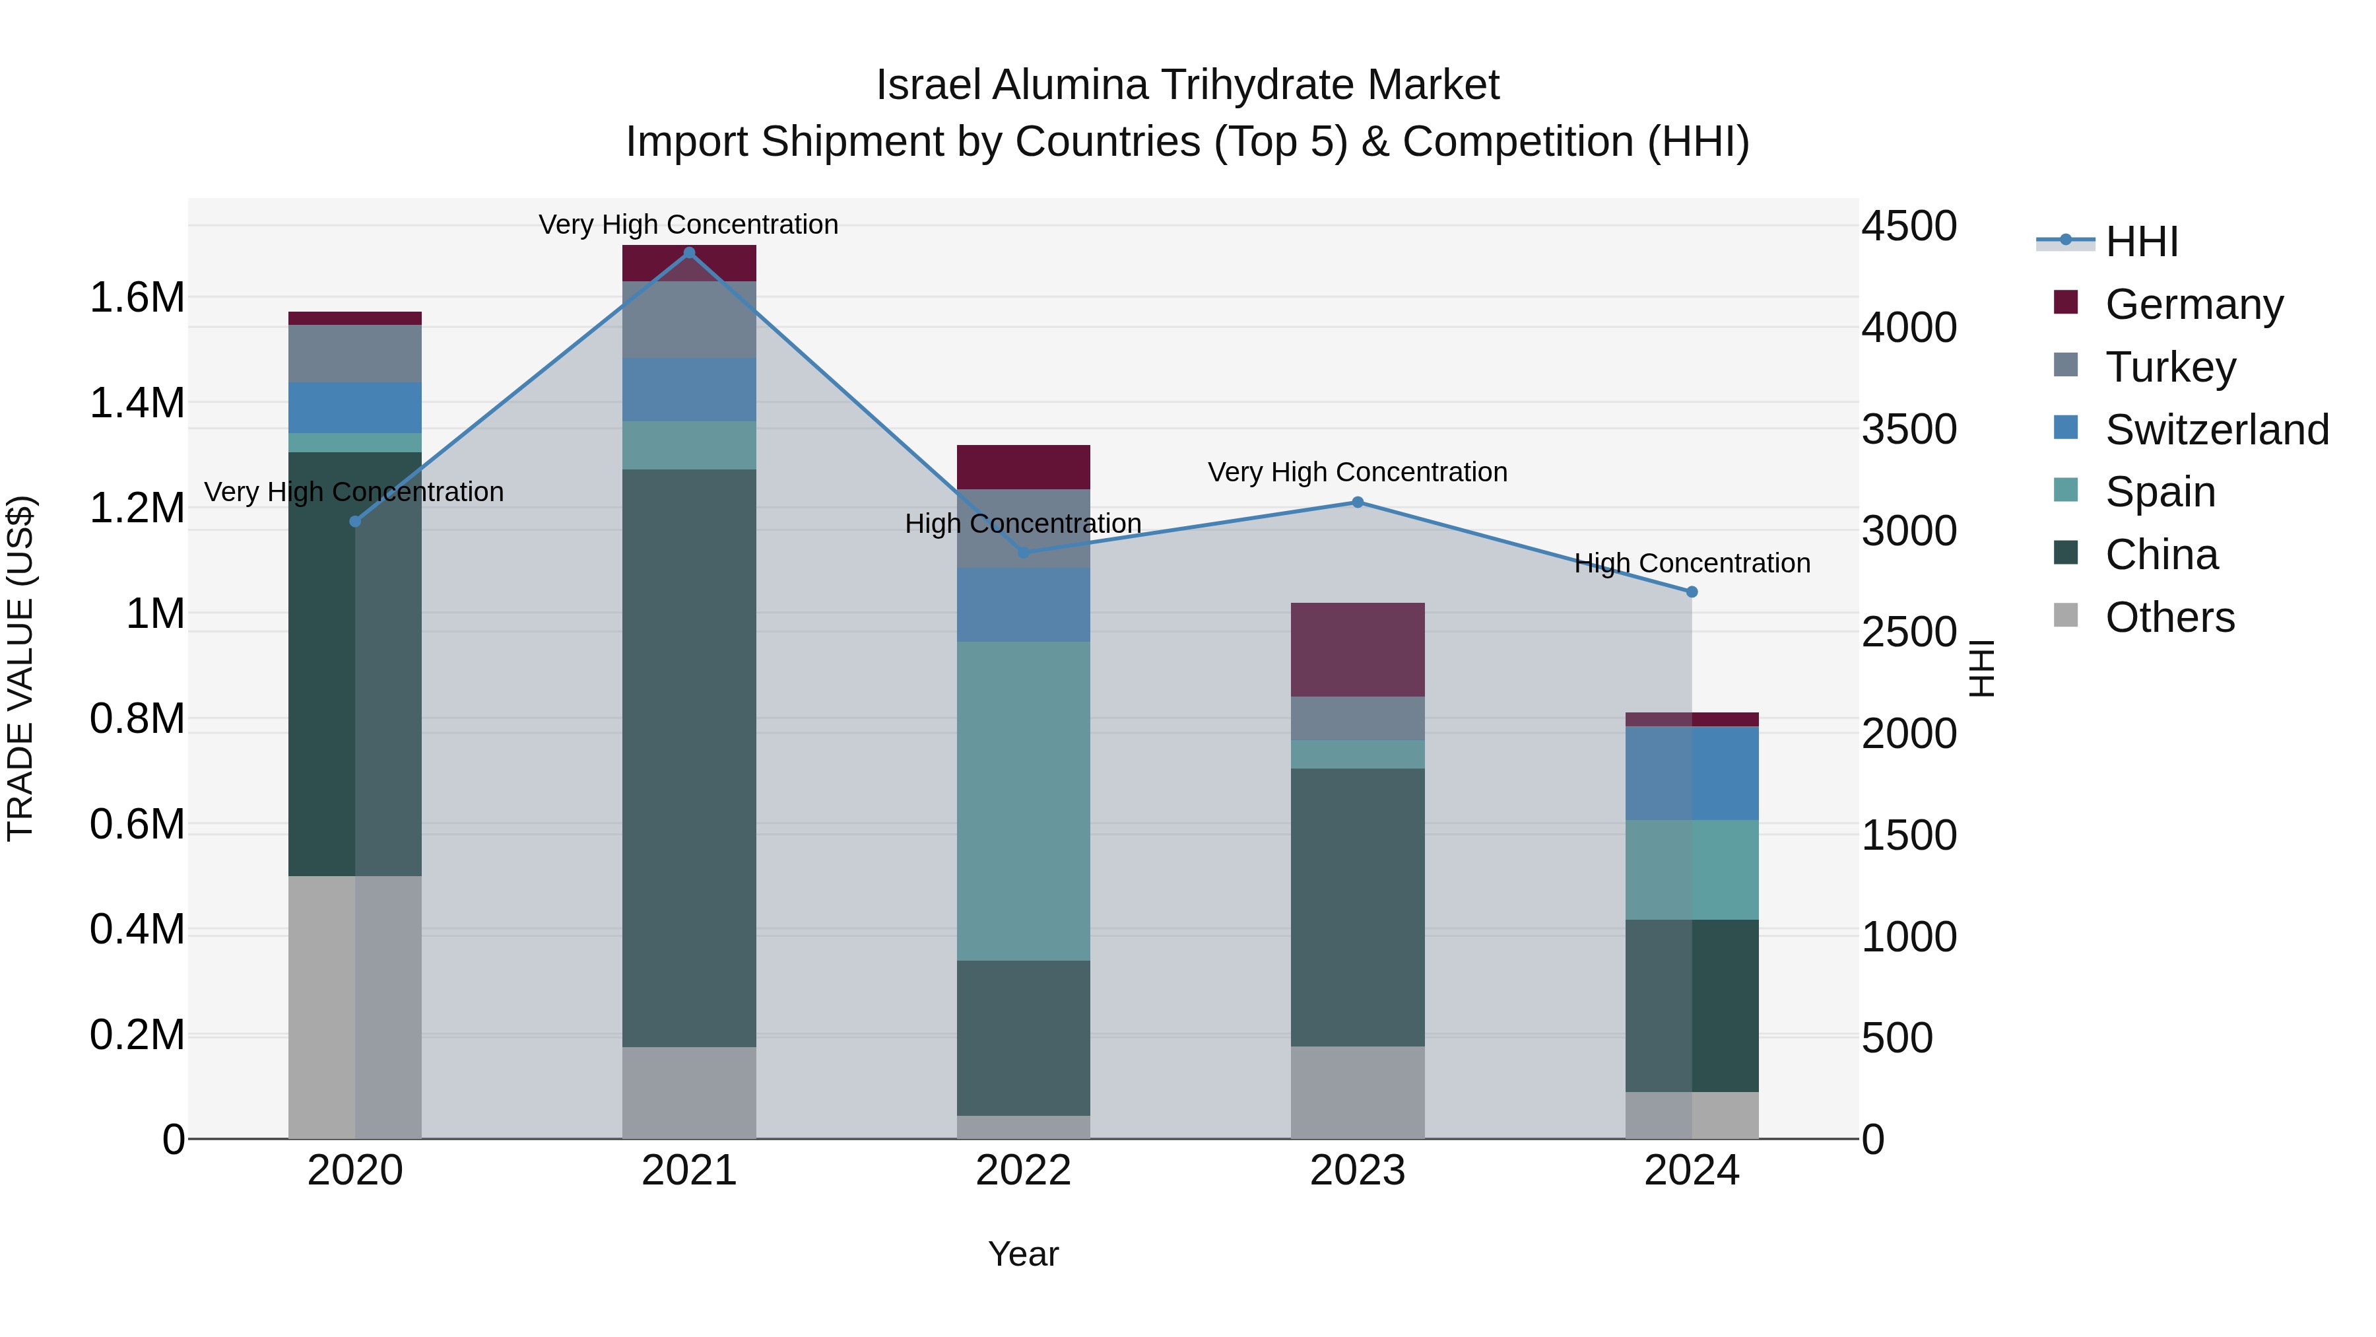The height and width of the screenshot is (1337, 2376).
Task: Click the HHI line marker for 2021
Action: [x=689, y=253]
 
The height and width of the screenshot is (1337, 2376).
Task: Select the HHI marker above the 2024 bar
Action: [x=1692, y=592]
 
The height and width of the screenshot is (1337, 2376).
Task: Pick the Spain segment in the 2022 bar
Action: [x=1023, y=800]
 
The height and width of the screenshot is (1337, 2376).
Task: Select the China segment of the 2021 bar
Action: [x=689, y=757]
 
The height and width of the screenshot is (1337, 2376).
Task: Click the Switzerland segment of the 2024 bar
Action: [x=1692, y=772]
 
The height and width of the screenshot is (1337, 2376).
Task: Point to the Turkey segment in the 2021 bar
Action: [x=689, y=320]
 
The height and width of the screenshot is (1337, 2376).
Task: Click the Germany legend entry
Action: [x=2193, y=304]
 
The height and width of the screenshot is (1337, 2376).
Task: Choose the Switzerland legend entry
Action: [x=2216, y=429]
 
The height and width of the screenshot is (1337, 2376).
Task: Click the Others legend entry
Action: [x=2169, y=617]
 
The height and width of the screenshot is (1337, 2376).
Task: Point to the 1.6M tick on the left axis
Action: [x=137, y=297]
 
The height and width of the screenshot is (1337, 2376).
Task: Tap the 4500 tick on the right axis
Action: [x=1908, y=226]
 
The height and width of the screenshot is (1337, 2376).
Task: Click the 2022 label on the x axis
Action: [x=1023, y=1170]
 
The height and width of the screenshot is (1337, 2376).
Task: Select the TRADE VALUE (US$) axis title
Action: [x=20, y=668]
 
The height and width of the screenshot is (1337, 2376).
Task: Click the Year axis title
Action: [x=1023, y=1254]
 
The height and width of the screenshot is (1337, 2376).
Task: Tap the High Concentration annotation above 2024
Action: [x=1692, y=563]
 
